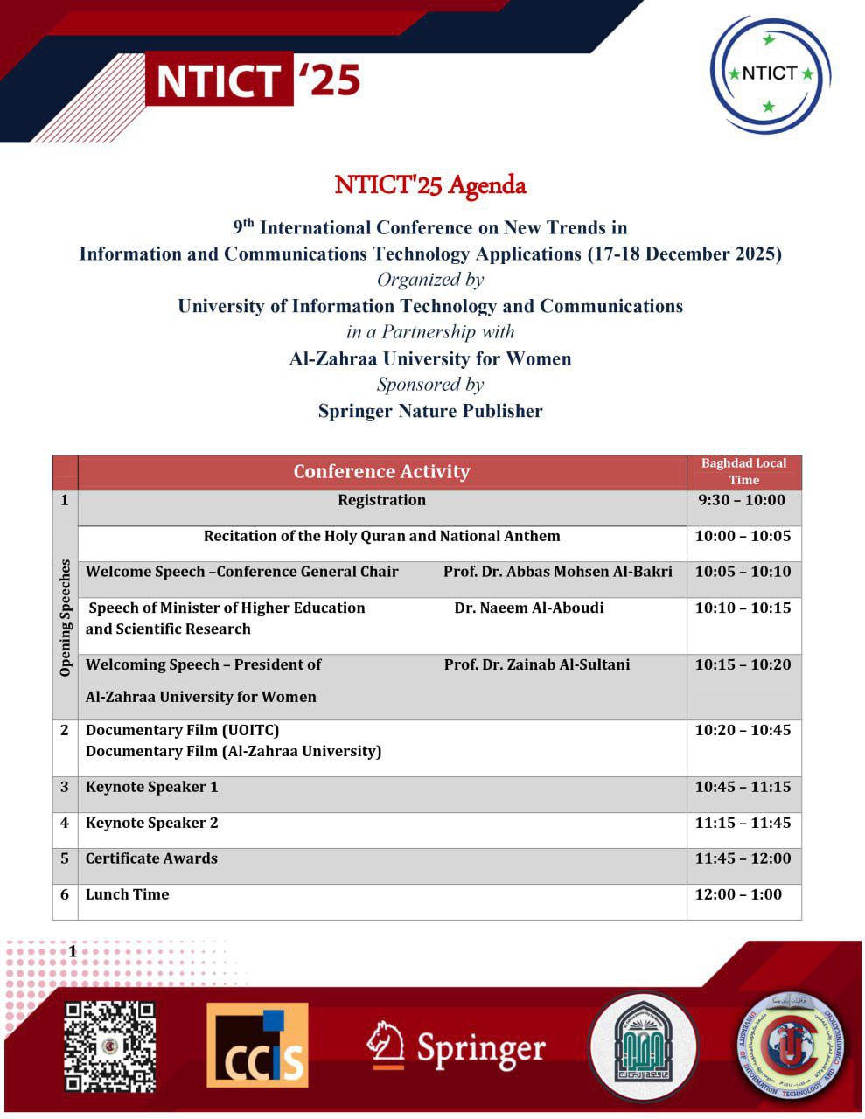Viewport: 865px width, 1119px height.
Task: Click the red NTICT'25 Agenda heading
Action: (430, 185)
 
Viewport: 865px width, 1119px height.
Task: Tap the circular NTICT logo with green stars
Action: (770, 74)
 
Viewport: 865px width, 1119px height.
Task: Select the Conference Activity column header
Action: (381, 472)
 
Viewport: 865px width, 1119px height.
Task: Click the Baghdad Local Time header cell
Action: (743, 472)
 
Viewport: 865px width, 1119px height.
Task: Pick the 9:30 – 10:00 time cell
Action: (742, 501)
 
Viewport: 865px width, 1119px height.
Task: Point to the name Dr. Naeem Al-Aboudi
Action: (528, 608)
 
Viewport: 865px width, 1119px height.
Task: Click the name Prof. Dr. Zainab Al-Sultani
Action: (536, 665)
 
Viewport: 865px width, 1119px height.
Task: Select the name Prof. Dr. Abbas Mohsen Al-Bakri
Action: (557, 573)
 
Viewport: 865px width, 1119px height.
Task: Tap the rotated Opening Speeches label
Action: (66, 618)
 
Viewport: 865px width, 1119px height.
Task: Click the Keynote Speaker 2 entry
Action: (152, 824)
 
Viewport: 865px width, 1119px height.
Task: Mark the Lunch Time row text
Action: (128, 895)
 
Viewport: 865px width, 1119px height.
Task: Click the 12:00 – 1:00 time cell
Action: (740, 895)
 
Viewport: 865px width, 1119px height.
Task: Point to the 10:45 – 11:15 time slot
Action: (743, 788)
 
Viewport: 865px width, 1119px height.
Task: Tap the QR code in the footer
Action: (110, 1046)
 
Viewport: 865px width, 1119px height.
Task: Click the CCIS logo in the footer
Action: (257, 1046)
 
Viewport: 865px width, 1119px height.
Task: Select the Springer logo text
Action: (480, 1046)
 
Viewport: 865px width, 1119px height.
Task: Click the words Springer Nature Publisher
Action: (430, 411)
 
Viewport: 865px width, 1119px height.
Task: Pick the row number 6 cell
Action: (65, 895)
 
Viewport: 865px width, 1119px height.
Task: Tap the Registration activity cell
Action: (381, 501)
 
